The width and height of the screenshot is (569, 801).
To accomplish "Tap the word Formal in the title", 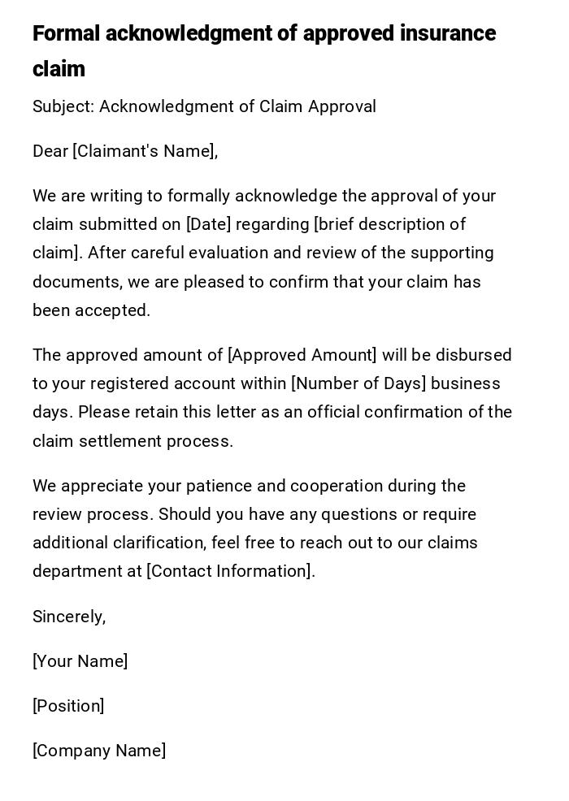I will [x=66, y=34].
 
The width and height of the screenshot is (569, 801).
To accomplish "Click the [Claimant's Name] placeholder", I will [x=145, y=151].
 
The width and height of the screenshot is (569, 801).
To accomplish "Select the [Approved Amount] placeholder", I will [x=302, y=355].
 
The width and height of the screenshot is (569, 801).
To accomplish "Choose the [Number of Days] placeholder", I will [x=358, y=383].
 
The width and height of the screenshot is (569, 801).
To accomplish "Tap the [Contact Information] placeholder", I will [x=230, y=571].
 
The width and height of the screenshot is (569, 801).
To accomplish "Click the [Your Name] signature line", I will [x=80, y=661].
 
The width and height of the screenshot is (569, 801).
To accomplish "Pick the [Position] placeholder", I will [x=68, y=706].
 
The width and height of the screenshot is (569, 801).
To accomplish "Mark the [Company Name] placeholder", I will [x=99, y=751].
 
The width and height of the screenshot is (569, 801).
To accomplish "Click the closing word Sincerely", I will [x=68, y=617].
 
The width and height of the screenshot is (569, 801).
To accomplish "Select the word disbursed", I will [x=473, y=355].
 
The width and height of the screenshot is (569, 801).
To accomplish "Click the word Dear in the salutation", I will [x=50, y=151].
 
